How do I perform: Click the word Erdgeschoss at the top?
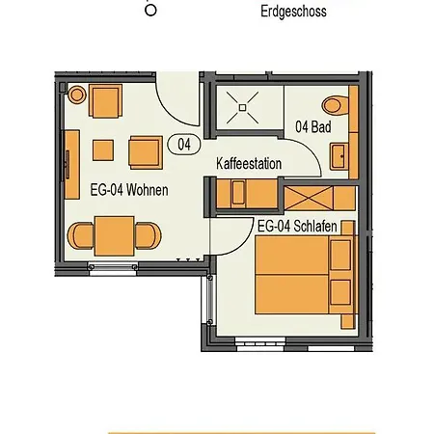(x=293, y=12)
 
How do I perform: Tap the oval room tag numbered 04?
(x=184, y=145)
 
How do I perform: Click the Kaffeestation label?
(x=249, y=164)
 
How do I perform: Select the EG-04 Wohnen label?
(x=129, y=190)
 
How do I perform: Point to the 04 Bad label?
(x=313, y=126)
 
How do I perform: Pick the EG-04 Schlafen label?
(x=297, y=226)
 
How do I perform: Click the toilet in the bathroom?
(x=335, y=105)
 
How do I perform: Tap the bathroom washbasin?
(x=339, y=156)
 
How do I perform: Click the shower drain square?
(x=242, y=107)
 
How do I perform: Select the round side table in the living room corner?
(x=77, y=95)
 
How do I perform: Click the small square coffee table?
(x=103, y=150)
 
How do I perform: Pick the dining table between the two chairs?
(x=114, y=236)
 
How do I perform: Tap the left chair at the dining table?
(x=81, y=235)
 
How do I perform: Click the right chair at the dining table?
(x=148, y=235)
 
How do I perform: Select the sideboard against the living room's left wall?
(x=72, y=164)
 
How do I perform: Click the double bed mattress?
(x=292, y=275)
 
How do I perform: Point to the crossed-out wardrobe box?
(x=309, y=199)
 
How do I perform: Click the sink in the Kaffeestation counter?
(x=238, y=193)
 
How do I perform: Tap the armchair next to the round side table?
(x=105, y=101)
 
